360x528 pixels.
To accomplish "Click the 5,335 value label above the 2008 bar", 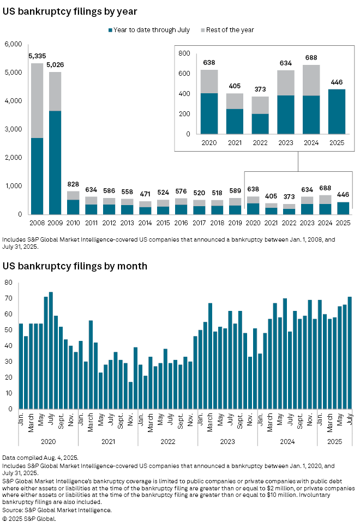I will point(37,56).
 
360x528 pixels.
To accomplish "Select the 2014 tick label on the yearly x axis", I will point(145,223).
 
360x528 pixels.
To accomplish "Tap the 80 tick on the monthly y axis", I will point(9,283).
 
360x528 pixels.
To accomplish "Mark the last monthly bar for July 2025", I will point(350,352).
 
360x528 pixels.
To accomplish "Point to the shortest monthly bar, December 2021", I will point(130,395).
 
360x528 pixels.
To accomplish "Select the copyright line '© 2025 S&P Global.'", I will point(29,519).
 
